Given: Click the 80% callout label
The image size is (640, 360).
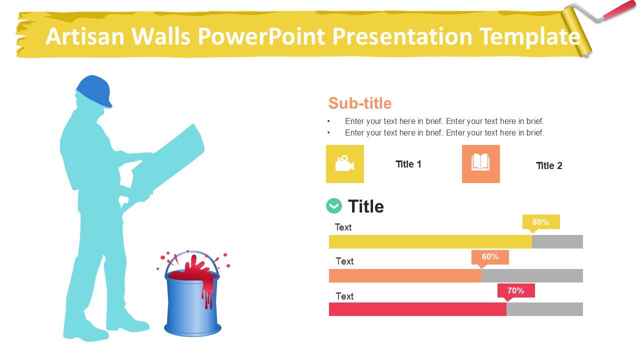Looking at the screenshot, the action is coord(541,222).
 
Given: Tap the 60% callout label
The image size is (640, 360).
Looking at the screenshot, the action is coord(490,257).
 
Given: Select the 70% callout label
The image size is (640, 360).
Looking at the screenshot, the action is coord(516,291).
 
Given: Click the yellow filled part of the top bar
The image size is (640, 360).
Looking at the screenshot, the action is coord(430,241).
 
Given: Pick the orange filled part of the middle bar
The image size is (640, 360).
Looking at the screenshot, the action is coord(405,275).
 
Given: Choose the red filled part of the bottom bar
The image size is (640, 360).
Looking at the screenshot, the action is coord(417,309).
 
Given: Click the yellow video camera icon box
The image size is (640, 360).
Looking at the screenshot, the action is coord(345,164).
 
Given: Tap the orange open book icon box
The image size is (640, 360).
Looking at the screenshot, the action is coord(481,164).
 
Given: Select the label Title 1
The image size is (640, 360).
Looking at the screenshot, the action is coord(408,164).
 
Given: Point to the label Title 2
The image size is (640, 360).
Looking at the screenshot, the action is coord(549,165).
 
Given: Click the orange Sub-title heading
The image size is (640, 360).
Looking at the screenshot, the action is coord(360,103).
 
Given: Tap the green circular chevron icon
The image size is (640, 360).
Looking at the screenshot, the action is coord(334,205).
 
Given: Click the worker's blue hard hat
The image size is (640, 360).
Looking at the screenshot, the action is coord(94,91).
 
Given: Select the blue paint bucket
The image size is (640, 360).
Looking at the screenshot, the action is coord(192,303).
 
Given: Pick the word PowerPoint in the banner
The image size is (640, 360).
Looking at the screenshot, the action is coord(261,36).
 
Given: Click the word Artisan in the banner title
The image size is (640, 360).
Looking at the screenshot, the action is coord(85,36).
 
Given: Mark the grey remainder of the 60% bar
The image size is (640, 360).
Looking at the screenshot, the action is coord(532,275).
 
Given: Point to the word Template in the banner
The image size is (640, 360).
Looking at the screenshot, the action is coord(530,37).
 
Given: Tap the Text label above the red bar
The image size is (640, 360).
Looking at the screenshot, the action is coord(344,296).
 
